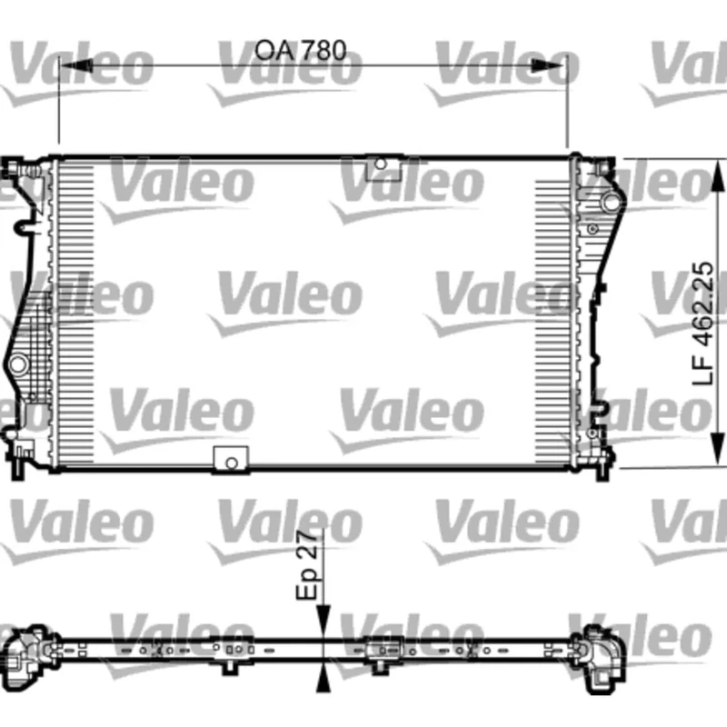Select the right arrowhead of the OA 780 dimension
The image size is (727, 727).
click(x=553, y=65)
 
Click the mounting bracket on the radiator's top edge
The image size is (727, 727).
click(x=383, y=166)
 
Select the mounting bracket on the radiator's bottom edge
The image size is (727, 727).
click(x=230, y=460)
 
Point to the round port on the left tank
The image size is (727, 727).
click(x=16, y=364)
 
